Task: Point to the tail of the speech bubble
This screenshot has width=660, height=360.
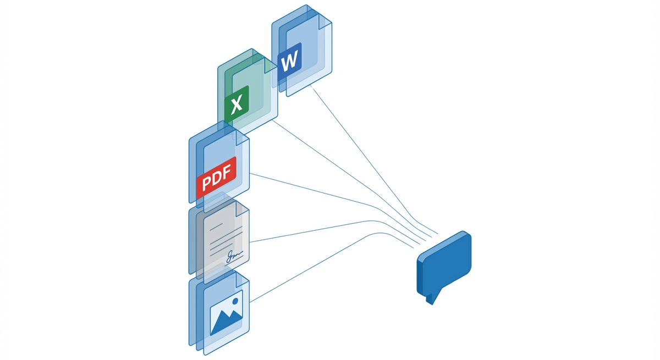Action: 433,297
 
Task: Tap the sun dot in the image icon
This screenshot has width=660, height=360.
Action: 235,301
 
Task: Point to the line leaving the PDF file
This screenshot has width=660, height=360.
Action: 313,190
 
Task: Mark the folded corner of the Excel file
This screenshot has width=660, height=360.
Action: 271,65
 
